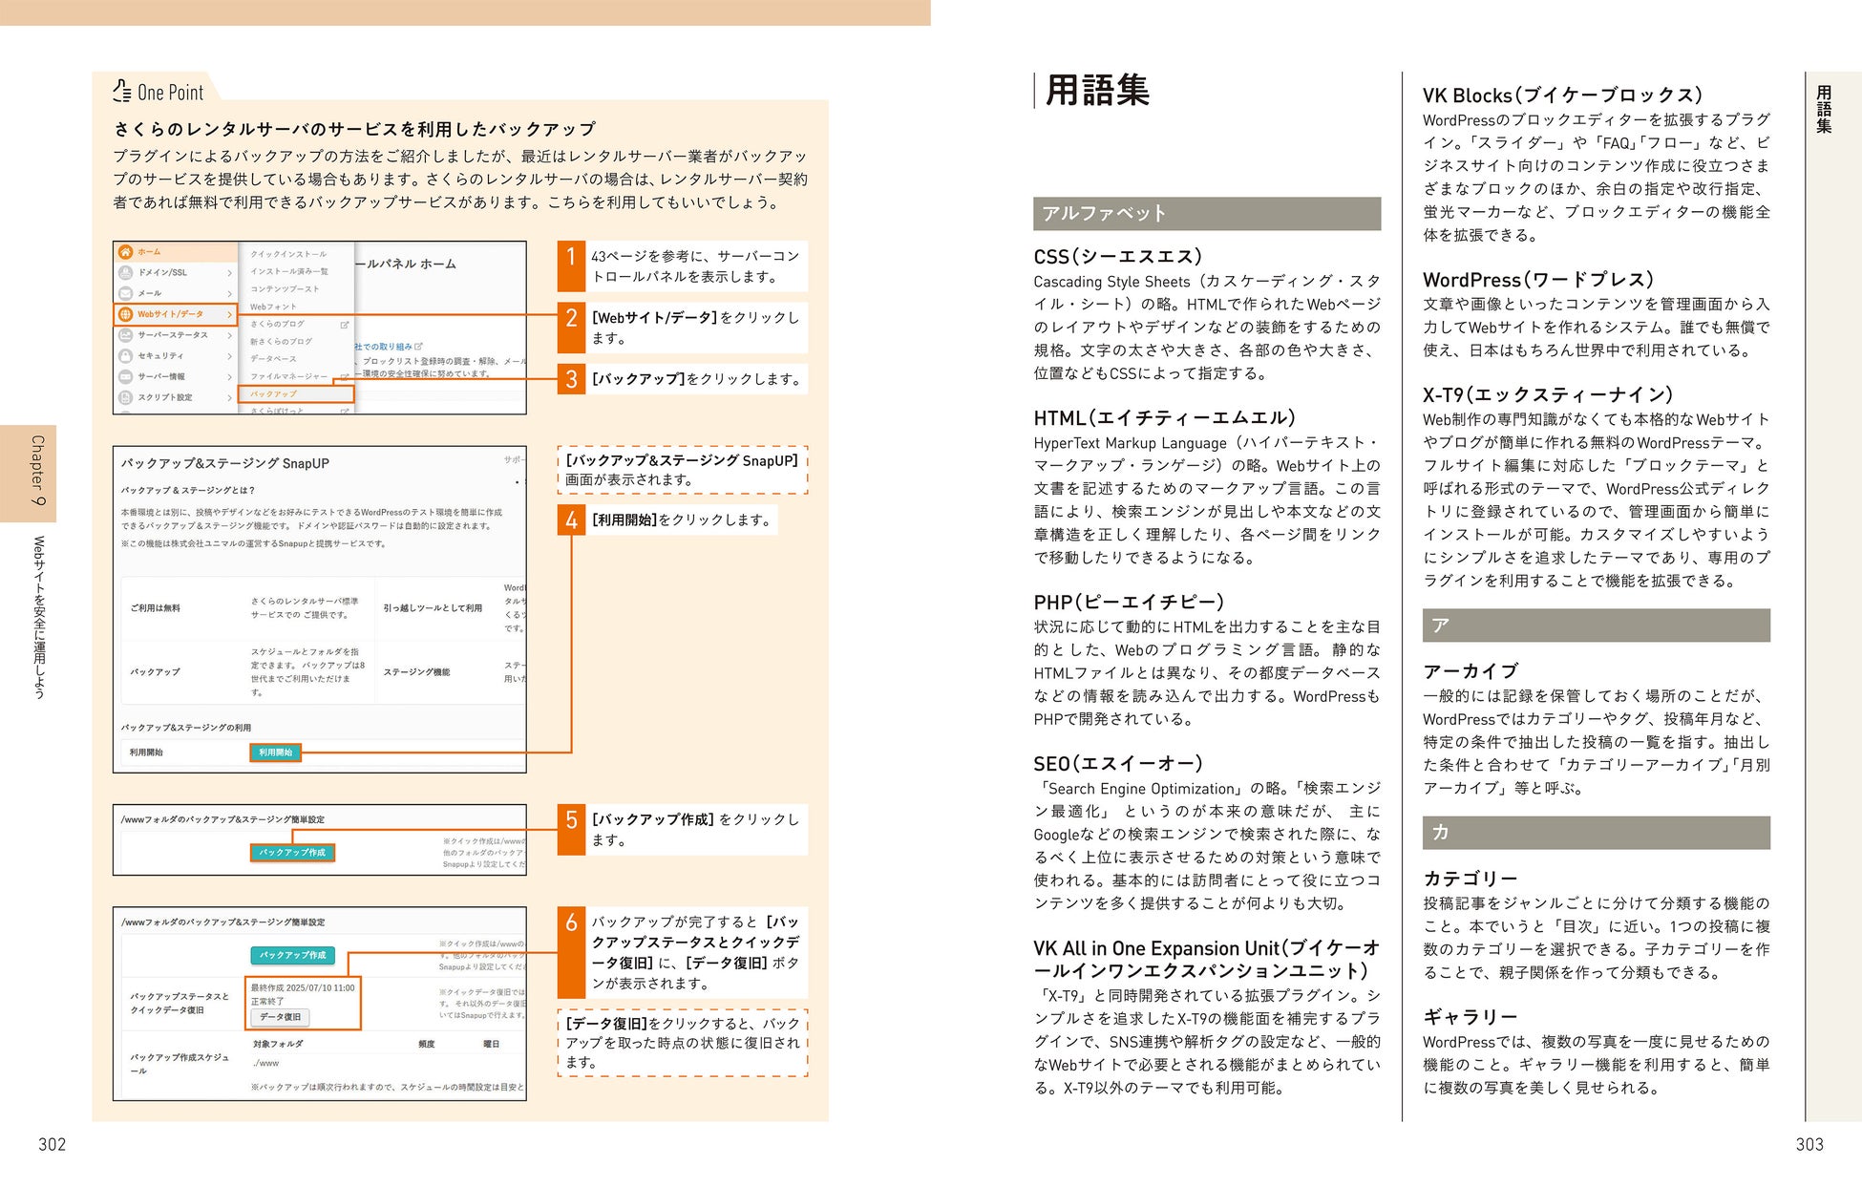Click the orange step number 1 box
(571, 265)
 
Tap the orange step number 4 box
(571, 520)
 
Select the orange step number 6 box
(571, 952)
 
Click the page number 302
(52, 1144)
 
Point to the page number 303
(1809, 1144)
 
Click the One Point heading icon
(121, 91)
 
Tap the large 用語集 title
(1097, 91)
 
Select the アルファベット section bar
(1206, 213)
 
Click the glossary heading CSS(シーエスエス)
(1117, 256)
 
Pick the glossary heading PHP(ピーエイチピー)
(1129, 602)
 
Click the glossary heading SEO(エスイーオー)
(1118, 763)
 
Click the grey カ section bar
(1596, 832)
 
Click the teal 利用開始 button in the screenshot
(276, 752)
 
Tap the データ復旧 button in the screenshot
(281, 1017)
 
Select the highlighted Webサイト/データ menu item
(176, 314)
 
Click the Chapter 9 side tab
(29, 473)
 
